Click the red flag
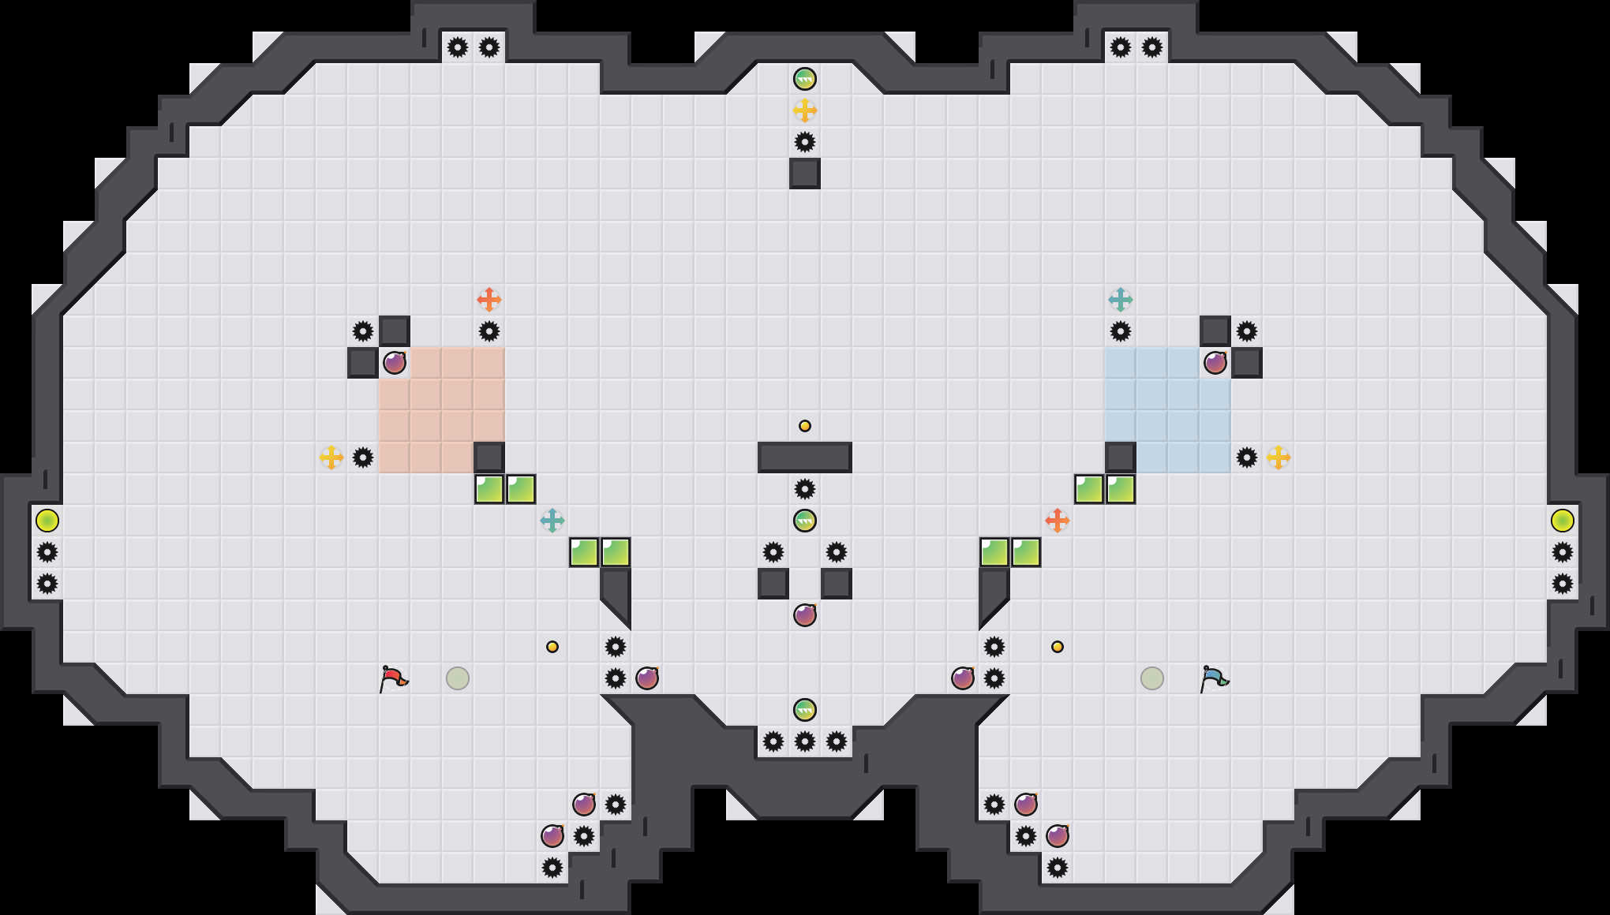(x=392, y=678)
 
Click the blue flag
(x=1213, y=678)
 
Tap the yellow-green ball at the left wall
(x=47, y=521)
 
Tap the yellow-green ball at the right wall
(x=1563, y=521)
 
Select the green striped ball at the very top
(x=805, y=79)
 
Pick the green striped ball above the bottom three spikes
(x=805, y=710)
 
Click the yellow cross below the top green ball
(x=805, y=110)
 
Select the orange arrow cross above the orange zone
(x=489, y=300)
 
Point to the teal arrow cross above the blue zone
(x=1121, y=300)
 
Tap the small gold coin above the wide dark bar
(x=805, y=426)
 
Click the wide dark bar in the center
(x=805, y=458)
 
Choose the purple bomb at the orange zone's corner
(x=395, y=363)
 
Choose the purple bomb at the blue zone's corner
(x=1215, y=363)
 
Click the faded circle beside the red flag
(x=458, y=678)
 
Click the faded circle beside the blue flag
(x=1152, y=678)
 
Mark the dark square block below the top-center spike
(x=805, y=174)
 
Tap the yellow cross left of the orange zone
(x=331, y=458)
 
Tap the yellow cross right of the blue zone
(x=1279, y=458)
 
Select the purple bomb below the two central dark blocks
(x=805, y=615)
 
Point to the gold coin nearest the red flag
(x=552, y=647)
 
